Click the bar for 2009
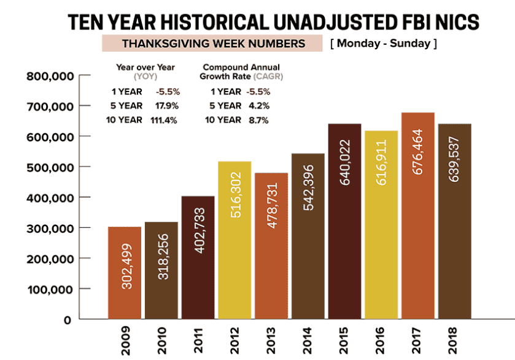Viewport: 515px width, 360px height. (x=125, y=273)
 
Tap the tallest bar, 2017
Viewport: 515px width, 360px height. (x=418, y=215)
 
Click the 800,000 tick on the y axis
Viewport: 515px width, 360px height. (x=50, y=76)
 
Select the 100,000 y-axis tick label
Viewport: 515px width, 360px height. (x=50, y=289)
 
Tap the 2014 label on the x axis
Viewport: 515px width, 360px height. (x=308, y=341)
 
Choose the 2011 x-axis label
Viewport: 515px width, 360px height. (x=198, y=341)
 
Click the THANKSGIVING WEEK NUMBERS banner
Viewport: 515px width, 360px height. (x=212, y=44)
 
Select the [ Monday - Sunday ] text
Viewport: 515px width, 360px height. (x=384, y=44)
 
